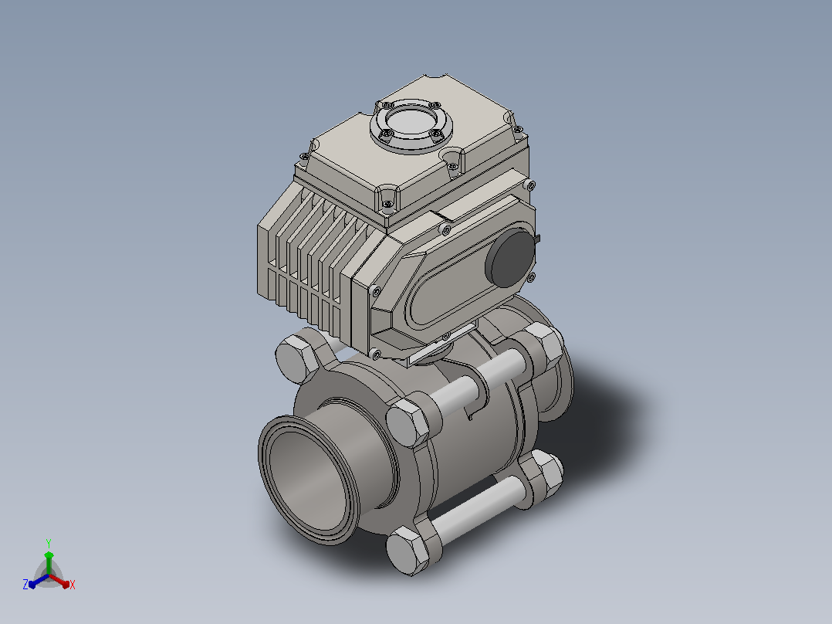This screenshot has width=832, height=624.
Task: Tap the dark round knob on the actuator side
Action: tap(510, 258)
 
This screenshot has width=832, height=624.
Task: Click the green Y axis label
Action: tap(49, 543)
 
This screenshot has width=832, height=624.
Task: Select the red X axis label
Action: tap(73, 585)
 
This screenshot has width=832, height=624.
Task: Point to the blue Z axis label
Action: tap(25, 585)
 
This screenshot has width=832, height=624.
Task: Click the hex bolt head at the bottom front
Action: tap(408, 551)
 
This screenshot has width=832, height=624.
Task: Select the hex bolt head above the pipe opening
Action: tap(408, 421)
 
